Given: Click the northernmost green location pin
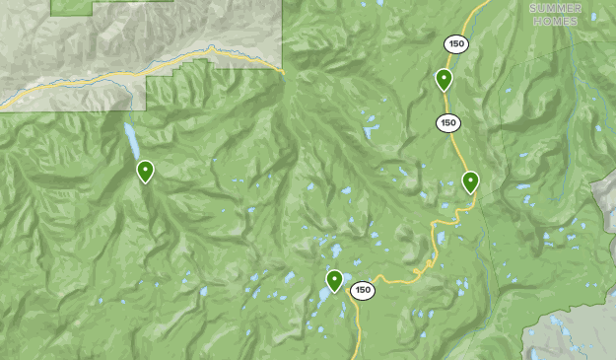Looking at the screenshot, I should tap(444, 79).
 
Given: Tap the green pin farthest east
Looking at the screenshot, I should tap(470, 180).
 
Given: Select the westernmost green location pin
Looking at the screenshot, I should tap(145, 171).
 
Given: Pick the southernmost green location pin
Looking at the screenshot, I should tap(335, 280).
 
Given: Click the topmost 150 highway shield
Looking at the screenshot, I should tap(454, 43).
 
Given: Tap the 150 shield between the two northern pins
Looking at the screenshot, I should tap(448, 123).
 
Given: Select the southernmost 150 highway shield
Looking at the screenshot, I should tap(363, 290).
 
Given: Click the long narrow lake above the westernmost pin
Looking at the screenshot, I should tap(130, 141).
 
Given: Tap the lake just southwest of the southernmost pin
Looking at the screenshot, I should tap(323, 296).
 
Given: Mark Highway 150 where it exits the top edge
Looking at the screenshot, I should tap(485, 3).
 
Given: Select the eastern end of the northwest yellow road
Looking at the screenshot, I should tap(281, 70).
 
